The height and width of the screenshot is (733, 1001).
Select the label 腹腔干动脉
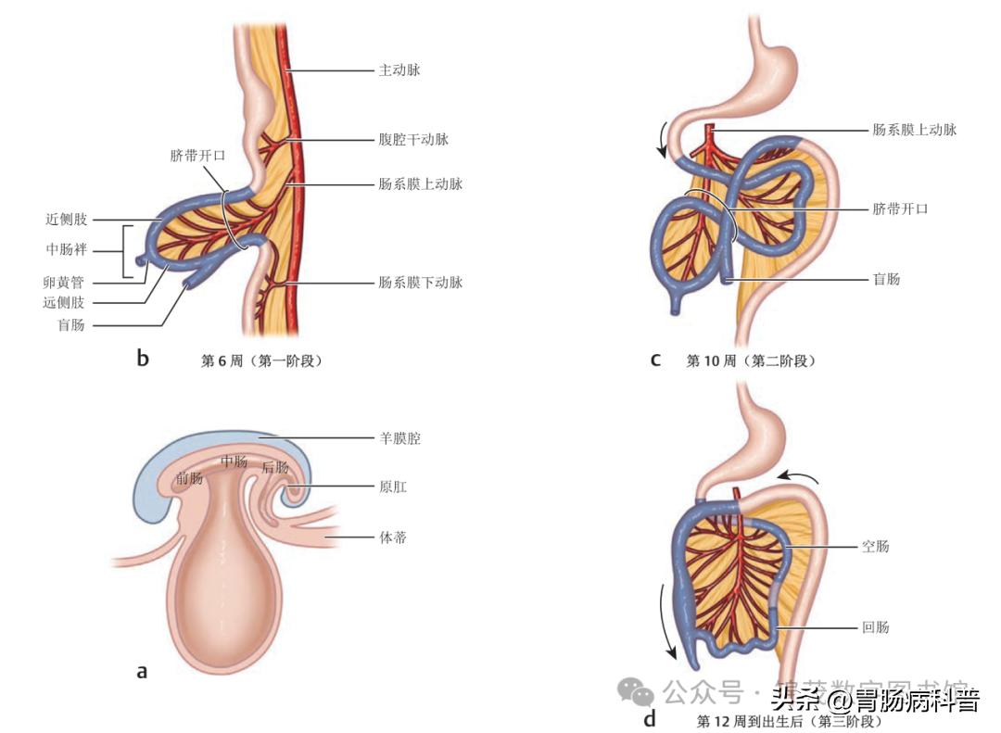pyautogui.click(x=413, y=139)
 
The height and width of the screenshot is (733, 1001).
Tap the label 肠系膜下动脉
pyautogui.click(x=420, y=282)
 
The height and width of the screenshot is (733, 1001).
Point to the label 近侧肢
pyautogui.click(x=65, y=220)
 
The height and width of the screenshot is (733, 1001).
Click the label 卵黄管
pyautogui.click(x=65, y=283)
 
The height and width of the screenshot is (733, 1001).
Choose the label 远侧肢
pyautogui.click(x=65, y=303)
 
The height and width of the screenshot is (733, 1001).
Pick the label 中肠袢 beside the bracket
pyautogui.click(x=65, y=250)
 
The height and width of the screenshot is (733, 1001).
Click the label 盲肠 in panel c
pyautogui.click(x=886, y=278)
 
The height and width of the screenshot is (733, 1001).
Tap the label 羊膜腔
pyautogui.click(x=399, y=438)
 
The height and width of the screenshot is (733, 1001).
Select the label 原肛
pyautogui.click(x=393, y=486)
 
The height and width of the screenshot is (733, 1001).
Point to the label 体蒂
pyautogui.click(x=393, y=537)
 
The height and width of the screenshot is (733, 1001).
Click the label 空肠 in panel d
pyautogui.click(x=875, y=547)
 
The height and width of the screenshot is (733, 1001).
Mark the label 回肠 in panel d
pyautogui.click(x=875, y=627)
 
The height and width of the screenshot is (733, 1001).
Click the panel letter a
pyautogui.click(x=142, y=670)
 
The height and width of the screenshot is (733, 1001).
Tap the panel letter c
pyautogui.click(x=655, y=360)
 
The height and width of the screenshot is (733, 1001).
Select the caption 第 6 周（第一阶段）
pyautogui.click(x=261, y=360)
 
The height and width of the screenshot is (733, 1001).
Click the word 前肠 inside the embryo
pyautogui.click(x=190, y=478)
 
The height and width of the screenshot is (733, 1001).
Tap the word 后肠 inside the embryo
pyautogui.click(x=275, y=467)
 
